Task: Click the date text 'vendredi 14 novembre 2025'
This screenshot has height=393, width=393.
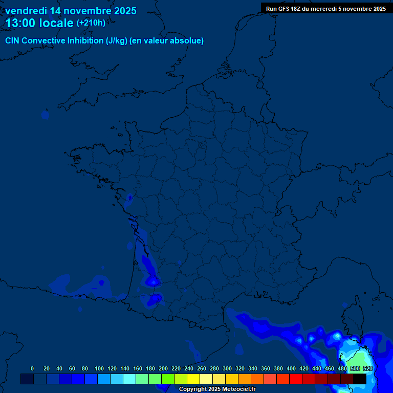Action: click(x=71, y=11)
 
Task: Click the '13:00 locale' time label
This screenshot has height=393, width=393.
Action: click(x=39, y=23)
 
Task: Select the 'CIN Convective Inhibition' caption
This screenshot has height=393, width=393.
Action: click(x=55, y=41)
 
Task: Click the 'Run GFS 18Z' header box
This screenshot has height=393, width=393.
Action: click(x=326, y=8)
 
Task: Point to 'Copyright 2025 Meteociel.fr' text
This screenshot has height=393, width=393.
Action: click(x=217, y=389)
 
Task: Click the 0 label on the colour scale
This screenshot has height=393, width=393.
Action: click(x=32, y=368)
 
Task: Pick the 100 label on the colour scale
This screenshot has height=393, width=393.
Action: click(x=99, y=368)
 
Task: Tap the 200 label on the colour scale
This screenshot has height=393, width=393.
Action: click(x=163, y=368)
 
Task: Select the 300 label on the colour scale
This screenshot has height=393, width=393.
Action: click(x=227, y=368)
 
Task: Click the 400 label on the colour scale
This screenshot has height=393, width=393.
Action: click(x=291, y=368)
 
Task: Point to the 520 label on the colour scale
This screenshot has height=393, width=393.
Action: click(x=367, y=368)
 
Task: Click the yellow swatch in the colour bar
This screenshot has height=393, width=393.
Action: click(x=193, y=379)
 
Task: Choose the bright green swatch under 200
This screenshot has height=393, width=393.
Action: click(x=168, y=379)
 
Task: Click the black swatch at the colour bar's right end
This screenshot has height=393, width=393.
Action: click(x=360, y=379)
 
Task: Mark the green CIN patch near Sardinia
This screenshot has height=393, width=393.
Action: click(x=361, y=358)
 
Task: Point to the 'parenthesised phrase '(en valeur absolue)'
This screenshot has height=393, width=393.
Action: click(x=167, y=41)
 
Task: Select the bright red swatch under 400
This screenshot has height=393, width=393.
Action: click(x=296, y=379)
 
